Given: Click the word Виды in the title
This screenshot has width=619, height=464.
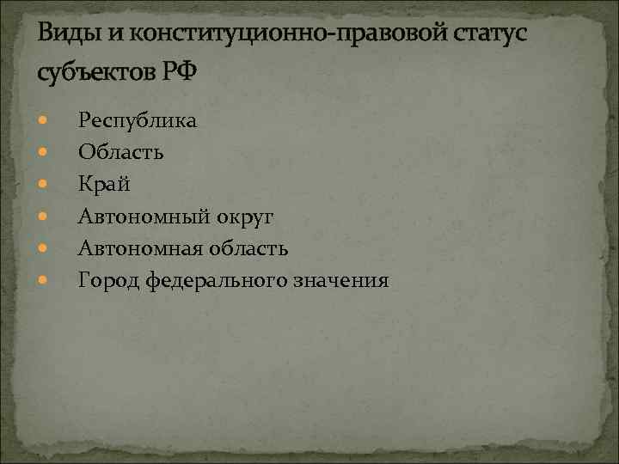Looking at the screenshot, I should click(68, 34).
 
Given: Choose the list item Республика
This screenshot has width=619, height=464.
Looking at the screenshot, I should click(138, 120).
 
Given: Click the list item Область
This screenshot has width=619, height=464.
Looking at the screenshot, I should click(121, 152).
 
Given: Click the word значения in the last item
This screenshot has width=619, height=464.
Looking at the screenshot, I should click(339, 280).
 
